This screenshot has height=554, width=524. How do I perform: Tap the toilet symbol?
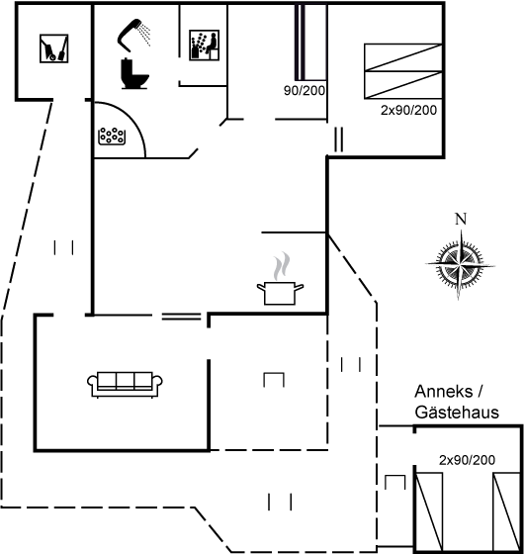(x=134, y=73)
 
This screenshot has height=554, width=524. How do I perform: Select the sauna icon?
(x=204, y=45)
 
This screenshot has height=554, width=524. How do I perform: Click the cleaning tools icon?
(x=54, y=48)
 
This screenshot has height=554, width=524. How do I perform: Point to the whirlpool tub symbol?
(x=112, y=137)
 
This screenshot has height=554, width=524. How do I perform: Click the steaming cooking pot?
(x=281, y=278)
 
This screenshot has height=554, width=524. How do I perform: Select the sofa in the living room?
(x=125, y=385)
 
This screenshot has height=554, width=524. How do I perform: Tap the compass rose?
(x=460, y=264)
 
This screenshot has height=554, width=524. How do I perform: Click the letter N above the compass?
(x=461, y=219)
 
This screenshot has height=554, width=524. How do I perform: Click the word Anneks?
(x=444, y=392)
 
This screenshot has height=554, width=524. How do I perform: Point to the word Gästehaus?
(x=457, y=413)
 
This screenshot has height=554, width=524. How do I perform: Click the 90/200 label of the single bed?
(x=305, y=90)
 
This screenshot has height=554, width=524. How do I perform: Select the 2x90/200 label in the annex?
(x=467, y=460)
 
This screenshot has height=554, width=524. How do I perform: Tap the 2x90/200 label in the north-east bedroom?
(x=408, y=110)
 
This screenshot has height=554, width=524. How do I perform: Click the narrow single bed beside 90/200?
(x=310, y=42)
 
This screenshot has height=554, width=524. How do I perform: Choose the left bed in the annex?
(x=429, y=511)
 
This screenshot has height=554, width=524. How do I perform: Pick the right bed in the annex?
(x=506, y=511)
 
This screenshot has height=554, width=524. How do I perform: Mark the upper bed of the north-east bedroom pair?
(x=403, y=57)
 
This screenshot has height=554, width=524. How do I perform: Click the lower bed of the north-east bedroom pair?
(x=403, y=85)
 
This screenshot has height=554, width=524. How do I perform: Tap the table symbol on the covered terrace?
(x=274, y=380)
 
